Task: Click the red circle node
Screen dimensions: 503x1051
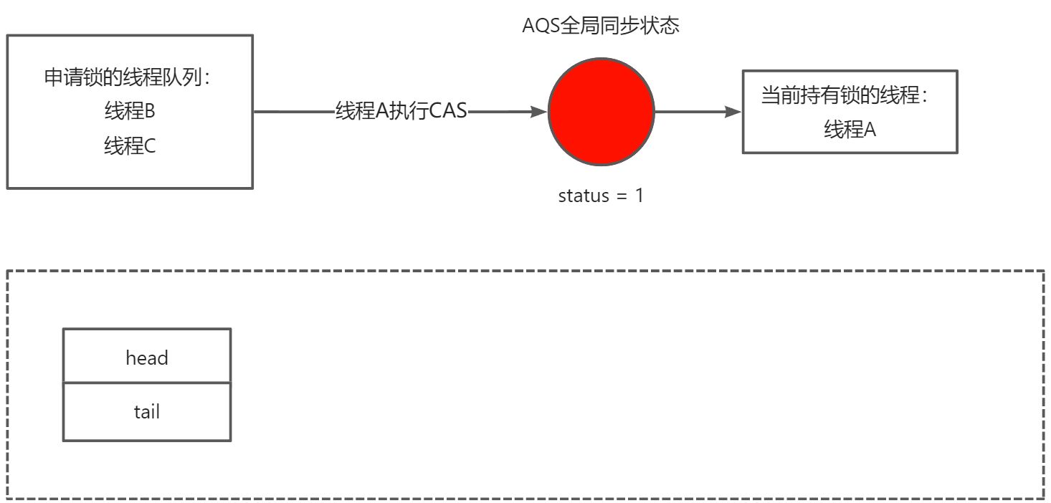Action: coord(601,112)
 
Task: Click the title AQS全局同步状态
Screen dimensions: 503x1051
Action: coord(601,27)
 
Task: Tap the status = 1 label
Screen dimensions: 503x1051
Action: coord(601,196)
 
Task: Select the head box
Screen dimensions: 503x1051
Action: coord(147,355)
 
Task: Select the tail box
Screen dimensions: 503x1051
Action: coord(147,412)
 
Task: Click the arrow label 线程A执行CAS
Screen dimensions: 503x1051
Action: coord(401,112)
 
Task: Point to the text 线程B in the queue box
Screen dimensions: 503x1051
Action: coord(130,112)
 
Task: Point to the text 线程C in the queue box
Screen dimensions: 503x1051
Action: coord(130,146)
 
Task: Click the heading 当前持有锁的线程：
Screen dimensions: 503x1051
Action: coord(850,96)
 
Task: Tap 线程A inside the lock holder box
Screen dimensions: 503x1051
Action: coord(850,130)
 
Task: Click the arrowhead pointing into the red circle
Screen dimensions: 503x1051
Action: coord(539,112)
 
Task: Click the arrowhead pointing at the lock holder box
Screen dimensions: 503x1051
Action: coord(733,112)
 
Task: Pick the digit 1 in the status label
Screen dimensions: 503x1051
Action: coord(639,196)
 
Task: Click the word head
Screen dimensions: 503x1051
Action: coord(147,358)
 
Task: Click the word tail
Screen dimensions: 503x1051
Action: coord(147,412)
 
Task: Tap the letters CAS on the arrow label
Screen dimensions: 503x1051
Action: coord(448,112)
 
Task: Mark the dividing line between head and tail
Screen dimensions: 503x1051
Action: coord(147,383)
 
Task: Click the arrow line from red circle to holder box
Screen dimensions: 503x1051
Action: coord(692,112)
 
